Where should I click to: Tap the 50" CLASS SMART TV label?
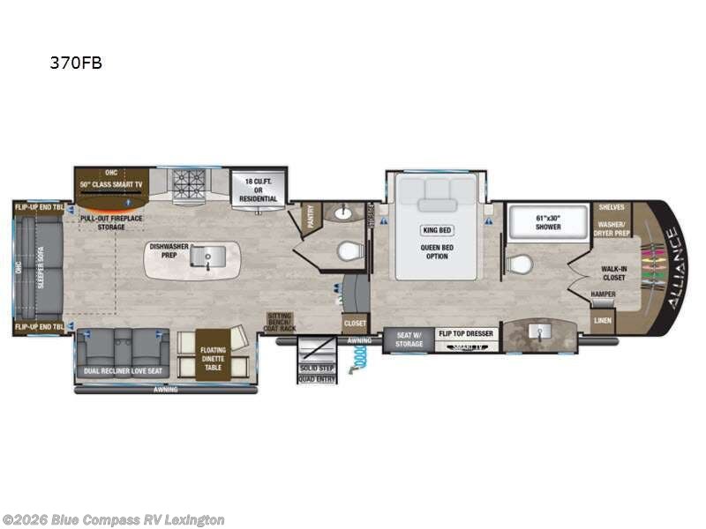[x=111, y=184]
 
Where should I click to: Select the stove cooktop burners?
[x=188, y=182]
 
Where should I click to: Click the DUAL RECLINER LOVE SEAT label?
[x=122, y=372]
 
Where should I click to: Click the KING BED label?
[x=437, y=230]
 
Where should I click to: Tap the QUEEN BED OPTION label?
[x=437, y=250]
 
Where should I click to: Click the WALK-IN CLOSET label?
[x=613, y=272]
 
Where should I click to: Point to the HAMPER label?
[x=604, y=294]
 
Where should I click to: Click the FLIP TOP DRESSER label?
[x=466, y=334]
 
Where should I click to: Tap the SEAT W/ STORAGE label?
[x=409, y=339]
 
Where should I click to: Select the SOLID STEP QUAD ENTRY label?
[x=316, y=374]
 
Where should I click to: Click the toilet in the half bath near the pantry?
[x=350, y=252]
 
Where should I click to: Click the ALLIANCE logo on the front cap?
[x=671, y=266]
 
